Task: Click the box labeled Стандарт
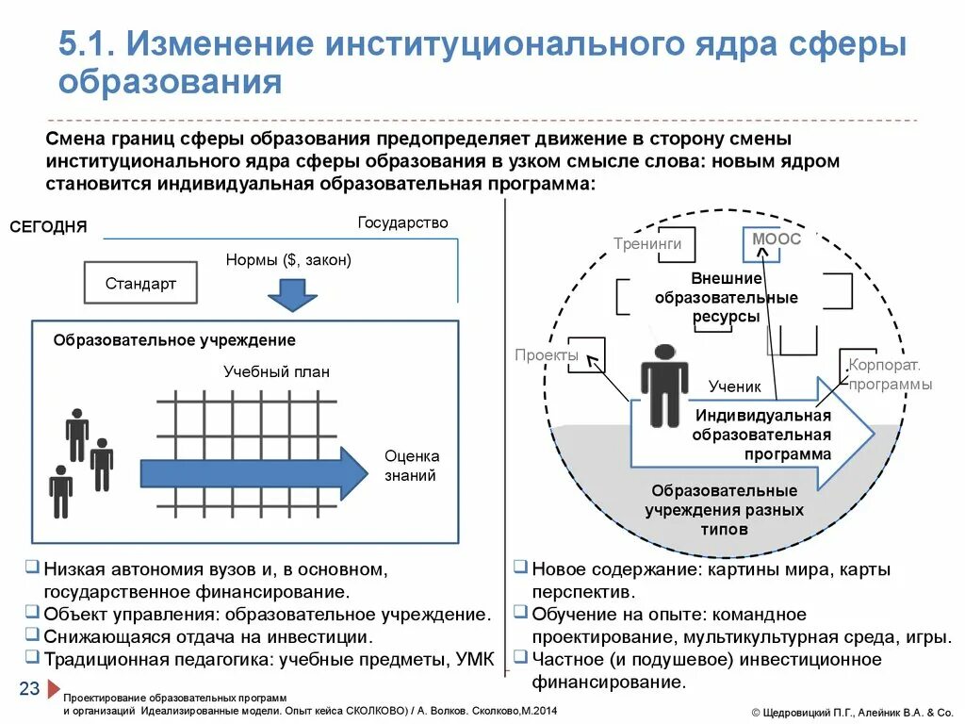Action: click(140, 283)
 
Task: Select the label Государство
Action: click(402, 223)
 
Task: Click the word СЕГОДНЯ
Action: click(49, 227)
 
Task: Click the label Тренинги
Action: click(646, 244)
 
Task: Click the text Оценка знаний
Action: click(411, 466)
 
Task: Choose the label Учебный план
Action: click(276, 371)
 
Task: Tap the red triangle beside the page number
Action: click(54, 689)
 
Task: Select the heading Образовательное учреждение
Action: click(174, 340)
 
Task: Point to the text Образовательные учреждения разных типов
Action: click(724, 510)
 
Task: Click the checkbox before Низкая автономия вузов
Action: click(33, 568)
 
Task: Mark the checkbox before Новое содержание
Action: click(520, 568)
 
